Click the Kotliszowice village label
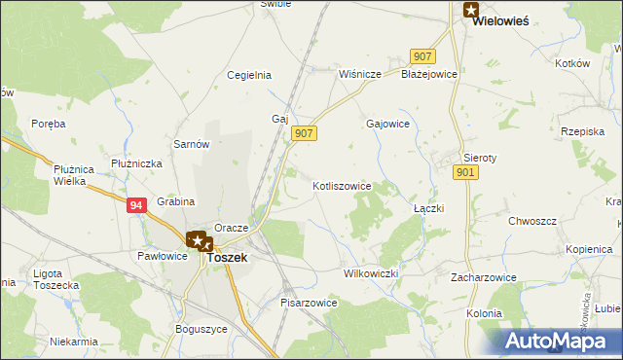342,185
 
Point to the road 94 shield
136,204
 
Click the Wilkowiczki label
372,273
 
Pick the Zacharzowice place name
483,277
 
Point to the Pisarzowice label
309,303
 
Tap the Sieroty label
480,157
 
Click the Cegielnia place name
248,75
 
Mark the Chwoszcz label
531,221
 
